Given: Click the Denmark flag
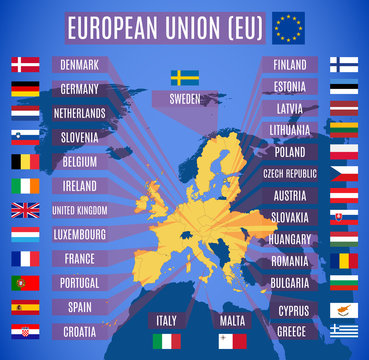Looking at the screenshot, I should (x=25, y=65).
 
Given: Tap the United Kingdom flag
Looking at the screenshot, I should (x=25, y=210).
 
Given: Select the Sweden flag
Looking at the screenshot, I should (x=184, y=77).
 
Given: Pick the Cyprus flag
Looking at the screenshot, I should (x=344, y=310).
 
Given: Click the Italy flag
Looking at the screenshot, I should (x=166, y=341).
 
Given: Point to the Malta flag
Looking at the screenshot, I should (x=232, y=341).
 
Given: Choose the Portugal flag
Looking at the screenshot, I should (x=25, y=283).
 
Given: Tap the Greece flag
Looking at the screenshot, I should (x=344, y=330).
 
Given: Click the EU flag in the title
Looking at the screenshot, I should (x=290, y=27).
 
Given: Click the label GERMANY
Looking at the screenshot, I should (x=79, y=89).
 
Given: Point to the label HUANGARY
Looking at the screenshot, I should (x=291, y=240).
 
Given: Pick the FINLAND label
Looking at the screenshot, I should (x=290, y=64).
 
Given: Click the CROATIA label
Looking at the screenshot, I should (x=79, y=331).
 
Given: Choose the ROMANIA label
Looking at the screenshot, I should (x=291, y=261).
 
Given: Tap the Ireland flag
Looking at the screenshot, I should (x=25, y=186).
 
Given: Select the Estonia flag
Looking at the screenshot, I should (x=344, y=87).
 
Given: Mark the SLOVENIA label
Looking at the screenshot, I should (x=79, y=137).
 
